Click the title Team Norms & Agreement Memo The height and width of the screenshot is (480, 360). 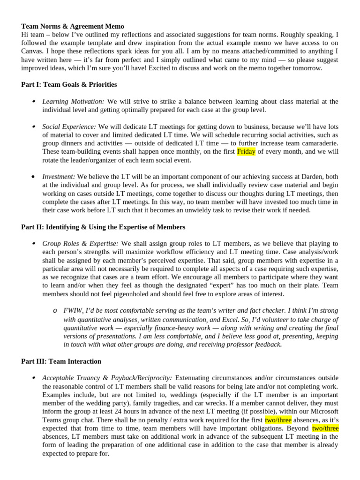click(73, 26)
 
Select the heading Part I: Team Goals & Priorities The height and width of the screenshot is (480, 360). click(69, 84)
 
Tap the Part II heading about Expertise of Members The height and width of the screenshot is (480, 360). click(103, 227)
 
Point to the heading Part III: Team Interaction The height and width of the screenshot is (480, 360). click(61, 361)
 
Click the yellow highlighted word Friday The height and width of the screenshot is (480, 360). click(246, 151)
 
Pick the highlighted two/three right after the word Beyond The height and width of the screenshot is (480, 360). click(325, 428)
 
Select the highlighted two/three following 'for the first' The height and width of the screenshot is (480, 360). click(278, 420)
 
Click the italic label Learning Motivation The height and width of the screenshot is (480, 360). click(73, 101)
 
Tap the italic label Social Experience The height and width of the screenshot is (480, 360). click(69, 127)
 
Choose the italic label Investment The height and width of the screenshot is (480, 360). click(59, 177)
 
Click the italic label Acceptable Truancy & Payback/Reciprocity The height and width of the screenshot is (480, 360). click(107, 378)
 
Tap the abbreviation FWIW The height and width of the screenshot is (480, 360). click(73, 311)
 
